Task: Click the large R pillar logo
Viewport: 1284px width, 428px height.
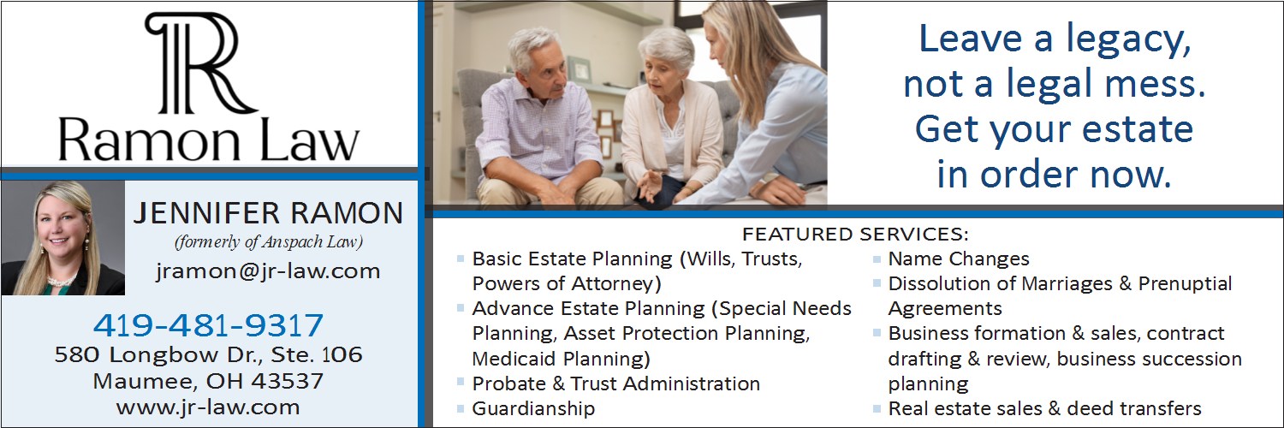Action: click(199, 62)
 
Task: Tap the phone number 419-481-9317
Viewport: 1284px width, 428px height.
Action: click(208, 325)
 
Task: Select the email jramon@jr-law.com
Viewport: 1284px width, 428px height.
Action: click(268, 271)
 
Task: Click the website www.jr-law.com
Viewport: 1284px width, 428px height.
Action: click(208, 407)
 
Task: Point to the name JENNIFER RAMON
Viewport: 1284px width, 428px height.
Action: click(268, 213)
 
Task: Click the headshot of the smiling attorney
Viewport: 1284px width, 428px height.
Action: click(63, 238)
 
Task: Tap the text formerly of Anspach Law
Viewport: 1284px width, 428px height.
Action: click(269, 241)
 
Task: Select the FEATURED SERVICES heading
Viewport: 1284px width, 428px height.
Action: click(855, 235)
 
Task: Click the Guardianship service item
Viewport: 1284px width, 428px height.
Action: click(533, 408)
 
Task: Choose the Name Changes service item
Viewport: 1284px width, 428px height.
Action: click(959, 259)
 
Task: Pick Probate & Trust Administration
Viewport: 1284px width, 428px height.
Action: click(616, 383)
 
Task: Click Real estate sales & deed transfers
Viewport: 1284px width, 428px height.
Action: click(1045, 408)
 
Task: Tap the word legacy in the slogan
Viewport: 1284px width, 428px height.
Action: click(1128, 41)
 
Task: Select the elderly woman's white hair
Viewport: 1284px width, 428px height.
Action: click(667, 46)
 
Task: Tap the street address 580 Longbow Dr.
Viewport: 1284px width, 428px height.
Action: click(158, 354)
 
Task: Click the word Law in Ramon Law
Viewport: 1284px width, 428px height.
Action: click(310, 140)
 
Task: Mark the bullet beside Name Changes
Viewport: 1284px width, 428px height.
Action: click(877, 259)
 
